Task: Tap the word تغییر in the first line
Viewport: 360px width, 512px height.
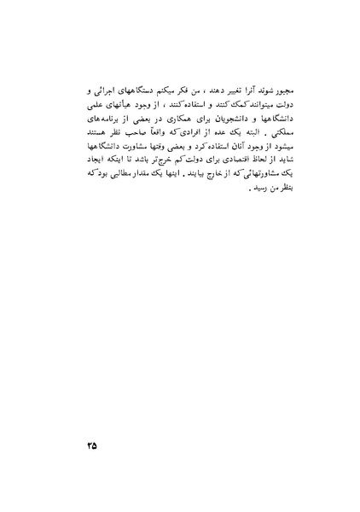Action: point(211,89)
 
